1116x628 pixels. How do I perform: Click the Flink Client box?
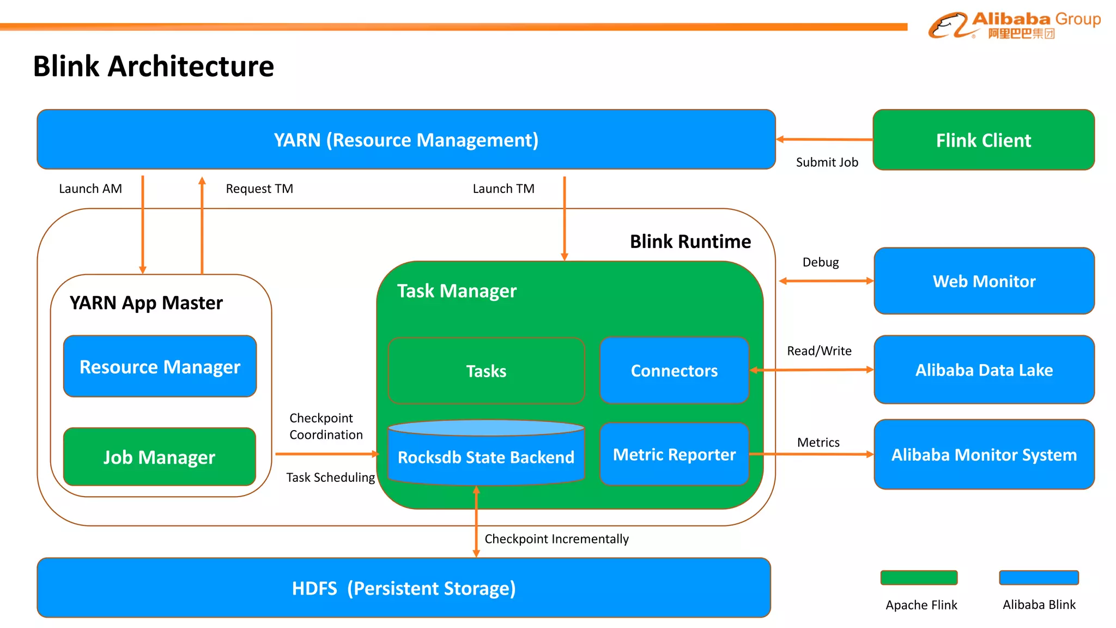(x=983, y=140)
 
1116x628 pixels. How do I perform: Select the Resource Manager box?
(x=160, y=366)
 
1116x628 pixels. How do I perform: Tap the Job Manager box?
(x=160, y=457)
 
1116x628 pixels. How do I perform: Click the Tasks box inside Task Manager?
(x=486, y=371)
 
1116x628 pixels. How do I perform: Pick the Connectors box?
(x=674, y=371)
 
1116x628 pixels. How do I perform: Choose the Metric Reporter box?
(x=674, y=454)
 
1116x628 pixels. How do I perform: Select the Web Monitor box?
(x=984, y=281)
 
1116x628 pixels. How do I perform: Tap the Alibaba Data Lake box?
(x=984, y=370)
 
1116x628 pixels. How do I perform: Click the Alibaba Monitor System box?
(x=984, y=454)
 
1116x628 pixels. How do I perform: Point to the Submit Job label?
(x=827, y=162)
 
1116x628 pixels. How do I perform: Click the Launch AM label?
(x=90, y=189)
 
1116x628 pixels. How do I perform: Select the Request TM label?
(x=259, y=189)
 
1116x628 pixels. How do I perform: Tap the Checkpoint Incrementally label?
(x=556, y=539)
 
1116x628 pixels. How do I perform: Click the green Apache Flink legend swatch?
(x=919, y=577)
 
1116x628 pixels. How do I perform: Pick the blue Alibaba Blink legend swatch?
(x=1039, y=577)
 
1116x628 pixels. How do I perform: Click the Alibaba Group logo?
(x=1014, y=25)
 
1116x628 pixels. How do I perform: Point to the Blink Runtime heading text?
(x=690, y=241)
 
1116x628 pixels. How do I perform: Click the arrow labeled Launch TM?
(x=565, y=218)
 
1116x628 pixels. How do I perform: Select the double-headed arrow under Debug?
(x=826, y=281)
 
